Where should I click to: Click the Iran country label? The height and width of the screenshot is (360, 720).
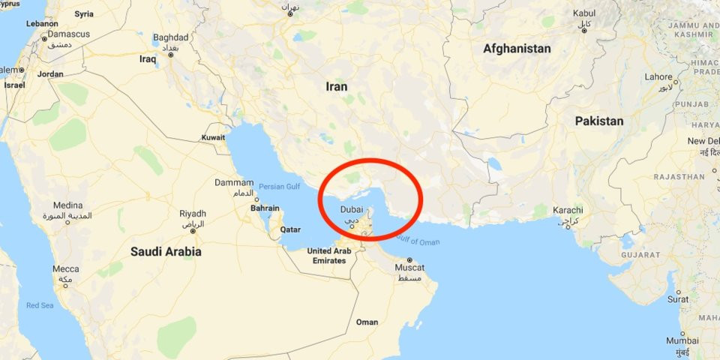coord(337,86)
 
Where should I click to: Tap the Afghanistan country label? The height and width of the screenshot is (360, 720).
coord(517,49)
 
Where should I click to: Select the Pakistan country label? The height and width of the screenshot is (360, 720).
coord(599,121)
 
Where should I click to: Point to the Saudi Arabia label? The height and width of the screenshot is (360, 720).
coord(166,252)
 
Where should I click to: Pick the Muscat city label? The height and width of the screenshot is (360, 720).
coord(409,268)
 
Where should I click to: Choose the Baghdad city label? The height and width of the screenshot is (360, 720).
coord(171,37)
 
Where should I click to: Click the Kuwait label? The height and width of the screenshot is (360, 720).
coord(214,138)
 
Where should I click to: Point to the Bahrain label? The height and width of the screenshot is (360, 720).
coord(265,208)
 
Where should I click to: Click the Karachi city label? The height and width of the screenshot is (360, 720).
coord(568,210)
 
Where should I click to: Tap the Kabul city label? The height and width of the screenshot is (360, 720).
coord(584,13)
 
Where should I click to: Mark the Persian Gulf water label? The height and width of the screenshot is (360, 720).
coord(279,185)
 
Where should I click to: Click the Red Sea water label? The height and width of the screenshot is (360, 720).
coord(39,305)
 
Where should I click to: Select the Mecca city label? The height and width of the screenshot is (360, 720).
coord(66,268)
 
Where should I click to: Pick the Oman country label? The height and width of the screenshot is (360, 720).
coord(367,322)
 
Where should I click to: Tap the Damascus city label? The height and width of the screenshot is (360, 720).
coord(69,34)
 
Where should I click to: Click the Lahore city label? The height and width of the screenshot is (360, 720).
coord(659,76)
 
